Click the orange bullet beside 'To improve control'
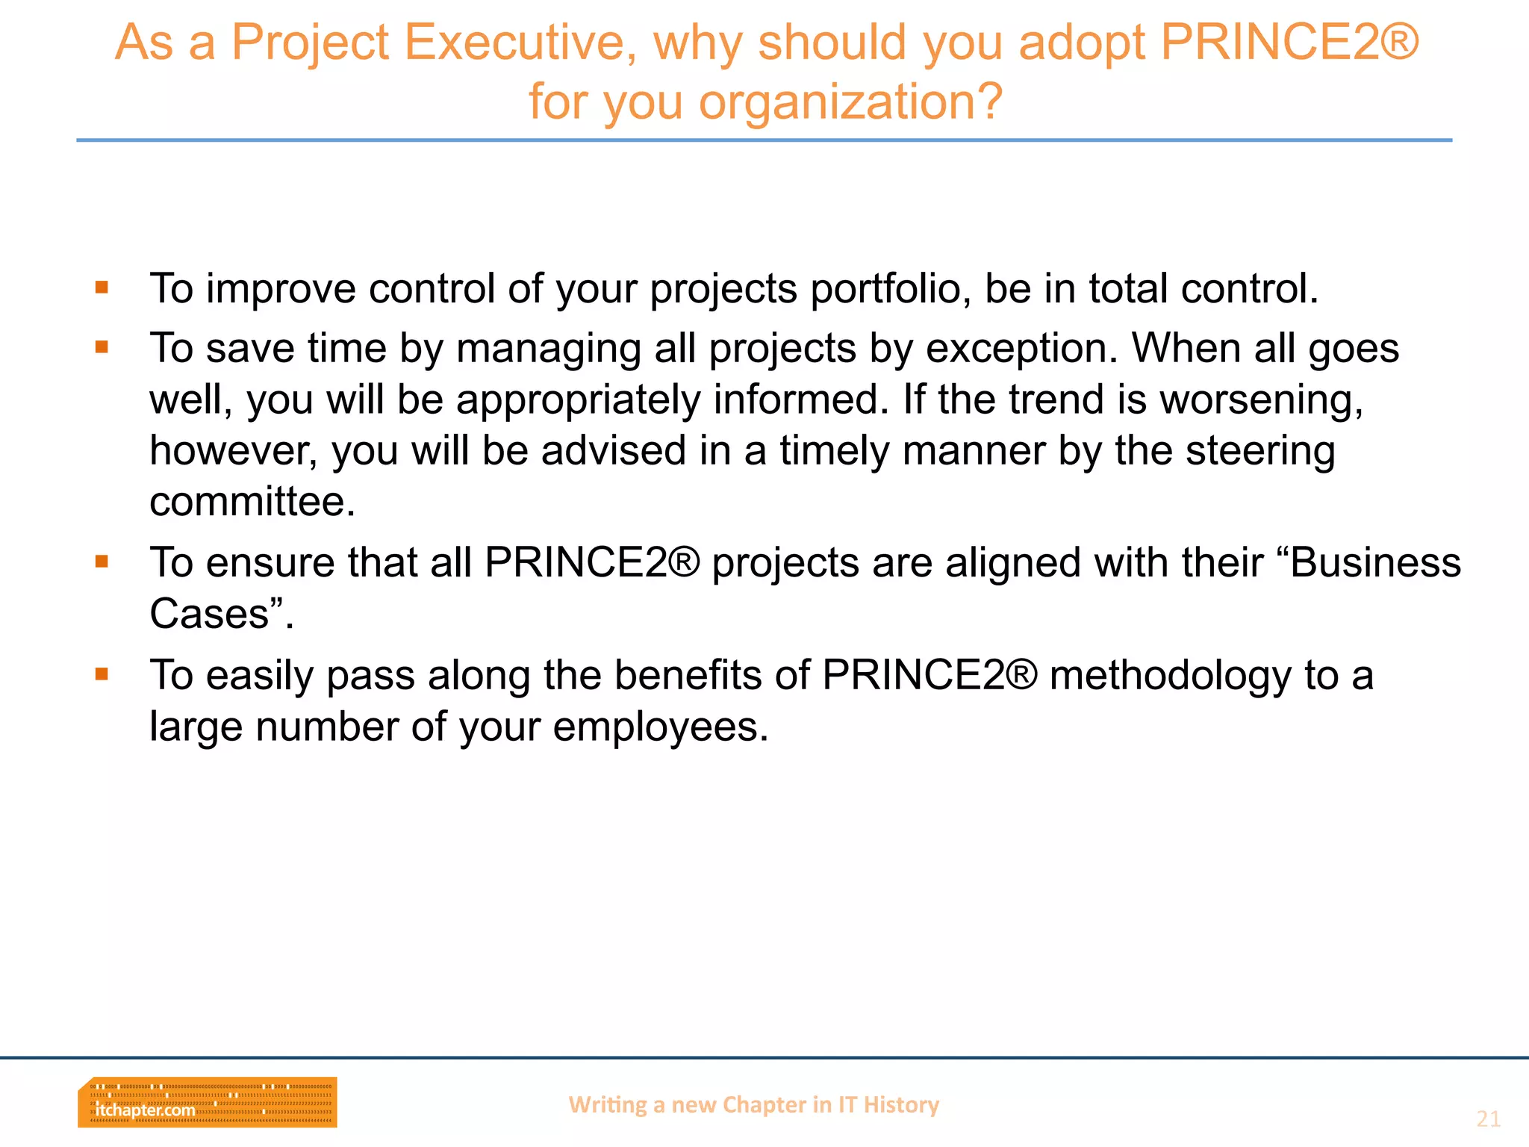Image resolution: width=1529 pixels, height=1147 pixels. tap(102, 287)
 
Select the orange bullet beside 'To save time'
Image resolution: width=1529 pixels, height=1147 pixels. tap(102, 346)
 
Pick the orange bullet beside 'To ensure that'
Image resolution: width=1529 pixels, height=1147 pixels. tap(102, 561)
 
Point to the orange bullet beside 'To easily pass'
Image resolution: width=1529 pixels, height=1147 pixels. tap(102, 674)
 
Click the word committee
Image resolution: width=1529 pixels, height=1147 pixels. tap(252, 502)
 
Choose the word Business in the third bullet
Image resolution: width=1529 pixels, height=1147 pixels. tap(1374, 562)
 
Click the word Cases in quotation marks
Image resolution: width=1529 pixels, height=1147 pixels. tap(210, 614)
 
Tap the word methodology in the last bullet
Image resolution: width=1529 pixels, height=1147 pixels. tap(1169, 677)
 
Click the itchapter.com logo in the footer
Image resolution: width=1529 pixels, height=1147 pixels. tap(207, 1102)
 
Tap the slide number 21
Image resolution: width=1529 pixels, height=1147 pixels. tap(1488, 1119)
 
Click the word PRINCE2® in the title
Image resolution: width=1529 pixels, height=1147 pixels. tap(1289, 43)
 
